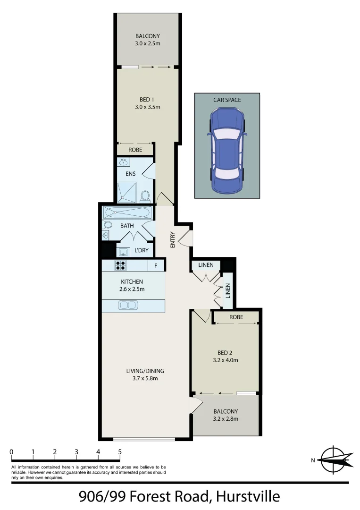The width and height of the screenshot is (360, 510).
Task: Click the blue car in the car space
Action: [227, 150]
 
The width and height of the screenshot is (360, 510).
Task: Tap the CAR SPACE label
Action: [227, 100]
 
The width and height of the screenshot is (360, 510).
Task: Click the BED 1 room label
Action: [147, 99]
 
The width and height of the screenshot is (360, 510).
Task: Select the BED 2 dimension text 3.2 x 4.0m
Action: [225, 360]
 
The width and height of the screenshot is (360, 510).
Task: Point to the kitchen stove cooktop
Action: [121, 265]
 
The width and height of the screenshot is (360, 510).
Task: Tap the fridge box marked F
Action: [156, 266]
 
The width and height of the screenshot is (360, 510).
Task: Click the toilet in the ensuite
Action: [145, 195]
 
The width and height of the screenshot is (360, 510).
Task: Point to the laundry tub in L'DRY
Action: [123, 251]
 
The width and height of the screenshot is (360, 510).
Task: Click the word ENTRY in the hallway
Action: [173, 239]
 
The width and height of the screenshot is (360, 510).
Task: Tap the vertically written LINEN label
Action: [228, 290]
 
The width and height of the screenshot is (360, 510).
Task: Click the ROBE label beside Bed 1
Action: [135, 150]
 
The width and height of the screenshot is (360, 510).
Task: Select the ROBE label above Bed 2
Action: [236, 317]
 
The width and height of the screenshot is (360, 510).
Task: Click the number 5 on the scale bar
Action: [120, 452]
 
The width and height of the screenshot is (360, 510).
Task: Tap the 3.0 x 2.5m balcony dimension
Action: [147, 43]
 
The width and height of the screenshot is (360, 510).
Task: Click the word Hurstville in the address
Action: [247, 497]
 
